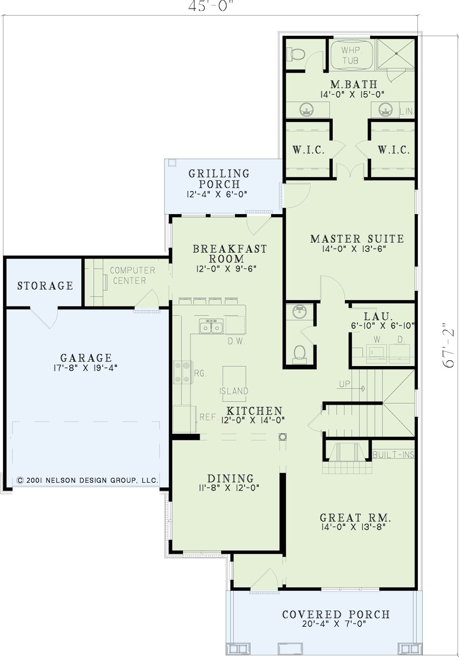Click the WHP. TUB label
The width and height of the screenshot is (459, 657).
[351, 55]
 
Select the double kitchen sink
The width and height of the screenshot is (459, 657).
[211, 327]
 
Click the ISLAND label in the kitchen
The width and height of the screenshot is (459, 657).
[234, 391]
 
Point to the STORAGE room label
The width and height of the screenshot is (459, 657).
[45, 285]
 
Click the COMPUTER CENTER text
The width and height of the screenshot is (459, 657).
[132, 275]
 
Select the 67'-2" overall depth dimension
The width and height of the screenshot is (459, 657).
[448, 345]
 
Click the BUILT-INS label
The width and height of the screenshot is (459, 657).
[393, 455]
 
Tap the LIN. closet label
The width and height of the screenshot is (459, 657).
[407, 111]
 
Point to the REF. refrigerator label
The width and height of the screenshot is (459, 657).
[208, 417]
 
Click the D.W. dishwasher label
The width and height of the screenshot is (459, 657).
[236, 341]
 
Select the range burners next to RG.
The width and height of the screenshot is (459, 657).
[182, 372]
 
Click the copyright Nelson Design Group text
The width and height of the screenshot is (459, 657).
[87, 480]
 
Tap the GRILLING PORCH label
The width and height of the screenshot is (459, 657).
[219, 179]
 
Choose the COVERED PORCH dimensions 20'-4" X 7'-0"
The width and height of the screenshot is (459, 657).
[334, 623]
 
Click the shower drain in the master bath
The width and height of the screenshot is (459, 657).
[396, 53]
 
